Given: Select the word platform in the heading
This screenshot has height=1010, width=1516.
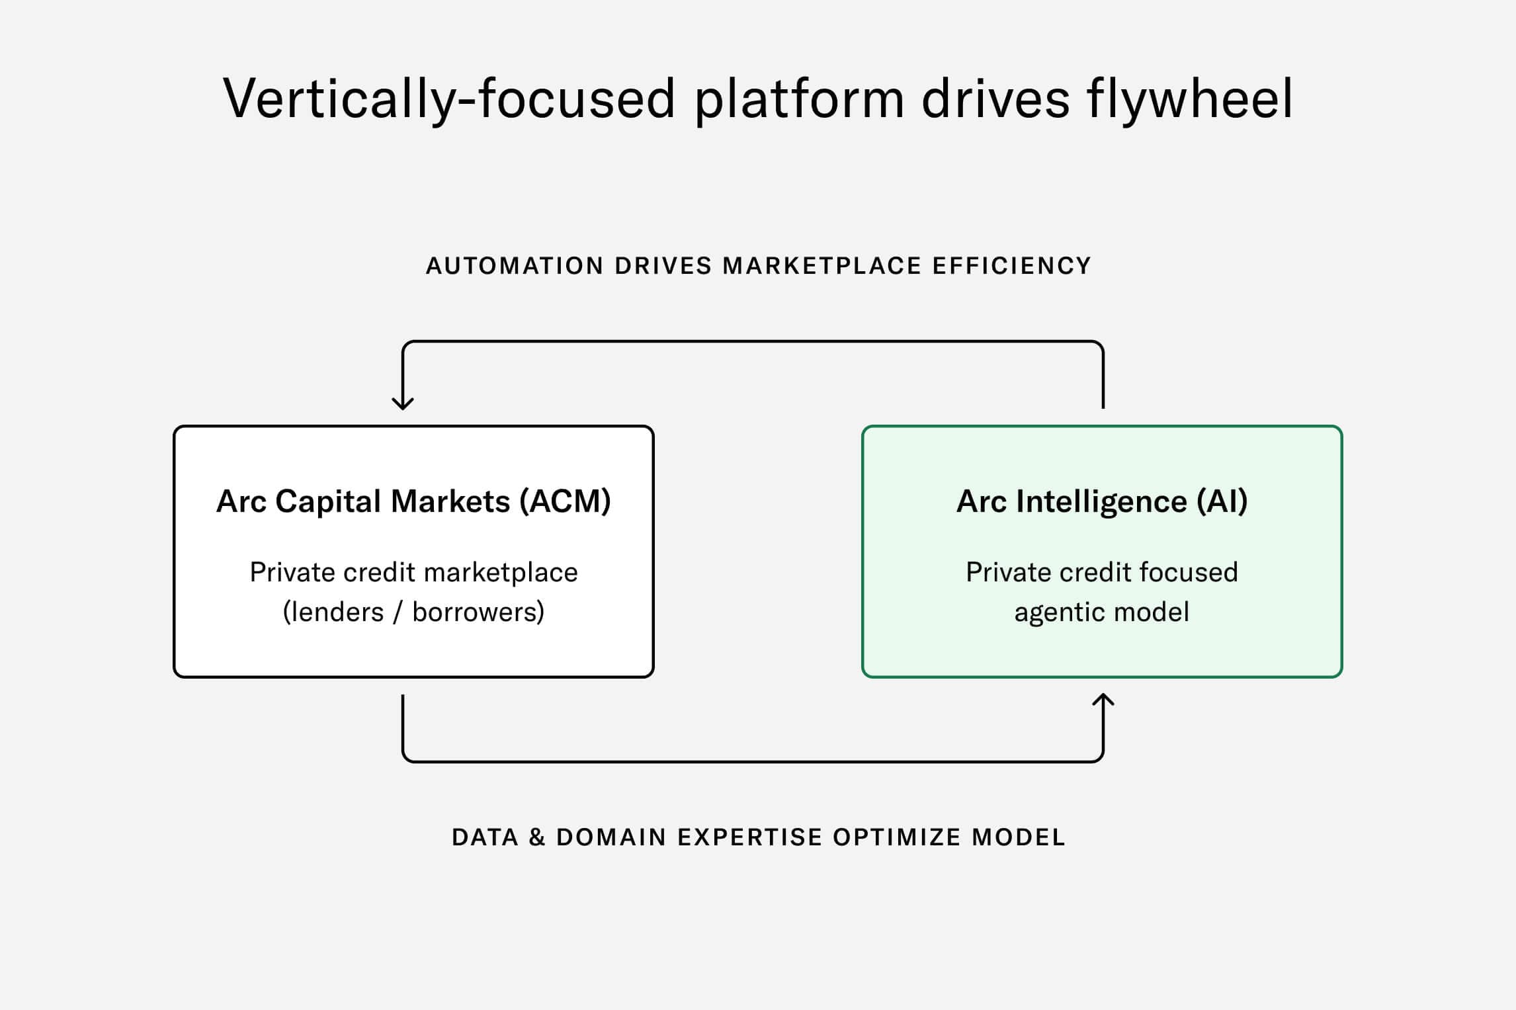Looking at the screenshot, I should click(799, 99).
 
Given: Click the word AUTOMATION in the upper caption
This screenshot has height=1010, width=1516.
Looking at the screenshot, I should click(515, 266).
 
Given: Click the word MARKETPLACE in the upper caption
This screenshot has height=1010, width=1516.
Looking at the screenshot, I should click(821, 266).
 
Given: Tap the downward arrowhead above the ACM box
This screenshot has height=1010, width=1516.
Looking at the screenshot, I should click(403, 403).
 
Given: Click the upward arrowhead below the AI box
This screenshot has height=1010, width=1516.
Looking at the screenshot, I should click(1103, 700).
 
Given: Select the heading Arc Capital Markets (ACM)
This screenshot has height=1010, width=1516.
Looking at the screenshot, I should click(413, 501).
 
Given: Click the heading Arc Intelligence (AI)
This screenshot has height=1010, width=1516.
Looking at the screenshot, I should click(1102, 501).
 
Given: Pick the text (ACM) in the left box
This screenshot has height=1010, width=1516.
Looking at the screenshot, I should click(565, 501).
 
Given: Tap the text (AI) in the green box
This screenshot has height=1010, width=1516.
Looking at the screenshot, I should click(1222, 501).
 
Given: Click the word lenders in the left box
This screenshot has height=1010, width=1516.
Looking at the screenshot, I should click(334, 612).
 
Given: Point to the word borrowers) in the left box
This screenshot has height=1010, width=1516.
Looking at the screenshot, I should click(478, 612).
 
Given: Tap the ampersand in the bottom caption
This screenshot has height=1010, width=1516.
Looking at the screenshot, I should click(537, 838).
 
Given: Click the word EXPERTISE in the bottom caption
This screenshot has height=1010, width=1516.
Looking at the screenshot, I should click(749, 838).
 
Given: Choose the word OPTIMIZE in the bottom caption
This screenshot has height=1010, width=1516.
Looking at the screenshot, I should click(896, 838).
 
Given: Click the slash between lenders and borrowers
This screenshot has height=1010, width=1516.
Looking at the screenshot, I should click(398, 612).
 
